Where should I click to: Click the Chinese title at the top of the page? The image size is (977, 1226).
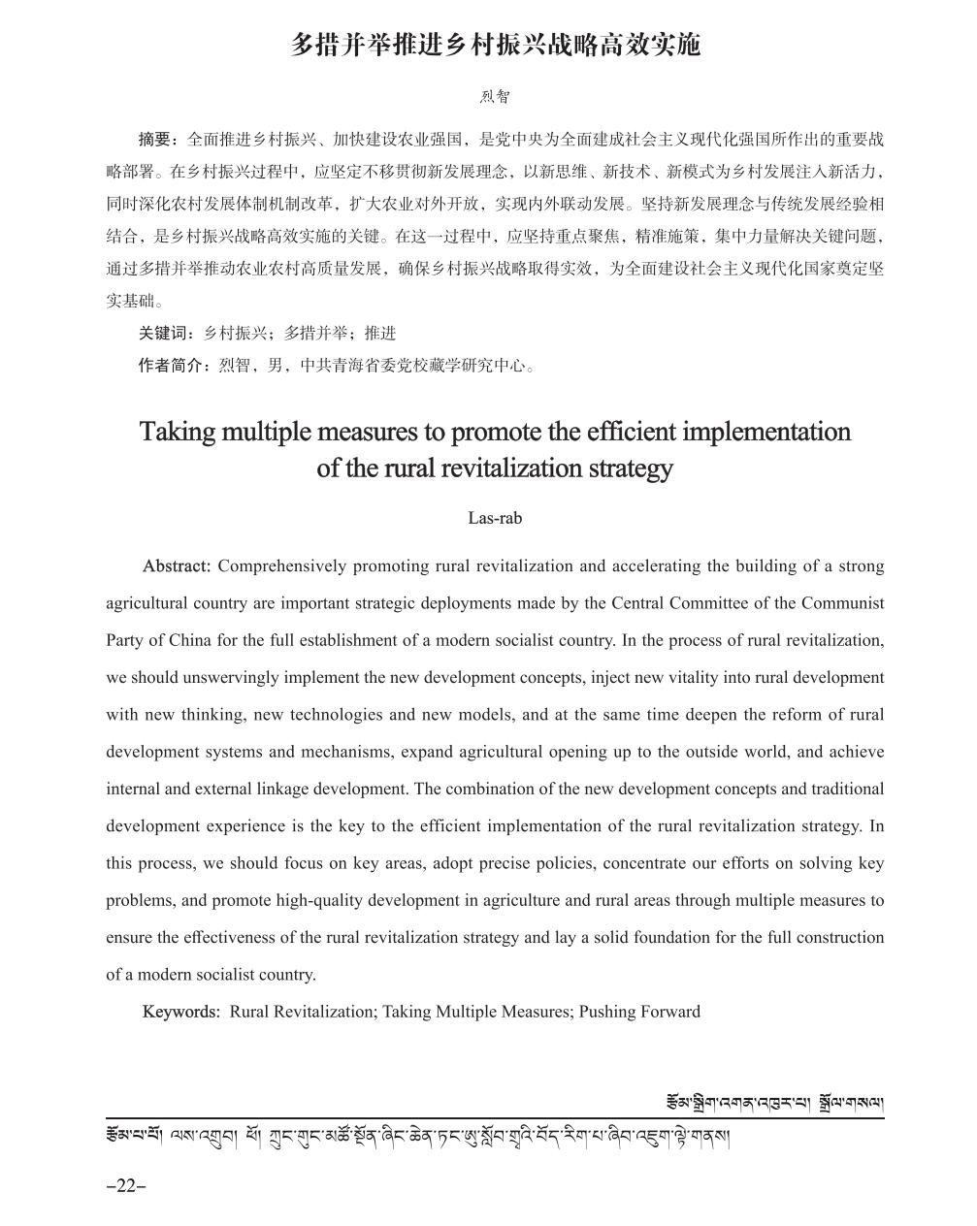[x=495, y=46]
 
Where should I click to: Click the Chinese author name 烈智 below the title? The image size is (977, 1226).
[x=495, y=97]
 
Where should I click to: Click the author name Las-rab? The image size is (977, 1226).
[x=495, y=518]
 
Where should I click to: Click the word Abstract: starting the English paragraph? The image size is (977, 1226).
[x=177, y=566]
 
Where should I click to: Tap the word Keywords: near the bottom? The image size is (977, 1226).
[x=181, y=1012]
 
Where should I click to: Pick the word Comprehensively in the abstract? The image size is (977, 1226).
[x=281, y=566]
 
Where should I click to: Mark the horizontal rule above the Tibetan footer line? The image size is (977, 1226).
[x=495, y=1118]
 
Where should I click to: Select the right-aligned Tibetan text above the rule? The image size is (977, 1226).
[x=774, y=1103]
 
